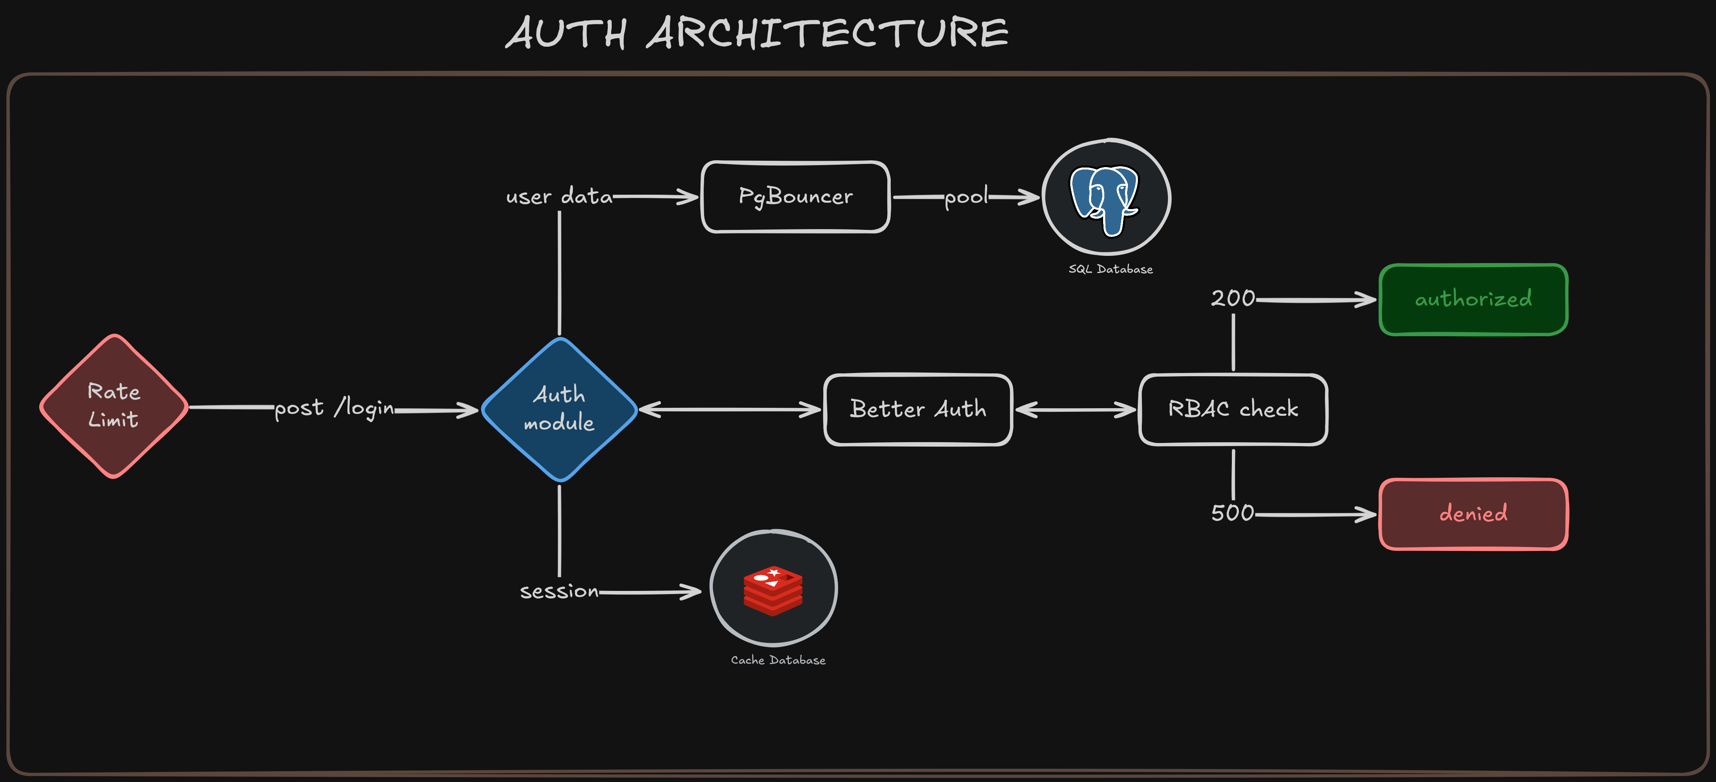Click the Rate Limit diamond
click(x=114, y=406)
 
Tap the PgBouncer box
click(x=795, y=196)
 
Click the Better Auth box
click(x=918, y=409)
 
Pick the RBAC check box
click(x=1233, y=409)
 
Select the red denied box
click(x=1473, y=514)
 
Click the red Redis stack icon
click(x=773, y=589)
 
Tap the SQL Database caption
click(x=1110, y=269)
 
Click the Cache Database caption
click(x=778, y=660)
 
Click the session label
click(x=559, y=591)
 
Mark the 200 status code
click(x=1232, y=298)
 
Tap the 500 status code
click(x=1232, y=513)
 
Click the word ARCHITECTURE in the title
click(x=827, y=33)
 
